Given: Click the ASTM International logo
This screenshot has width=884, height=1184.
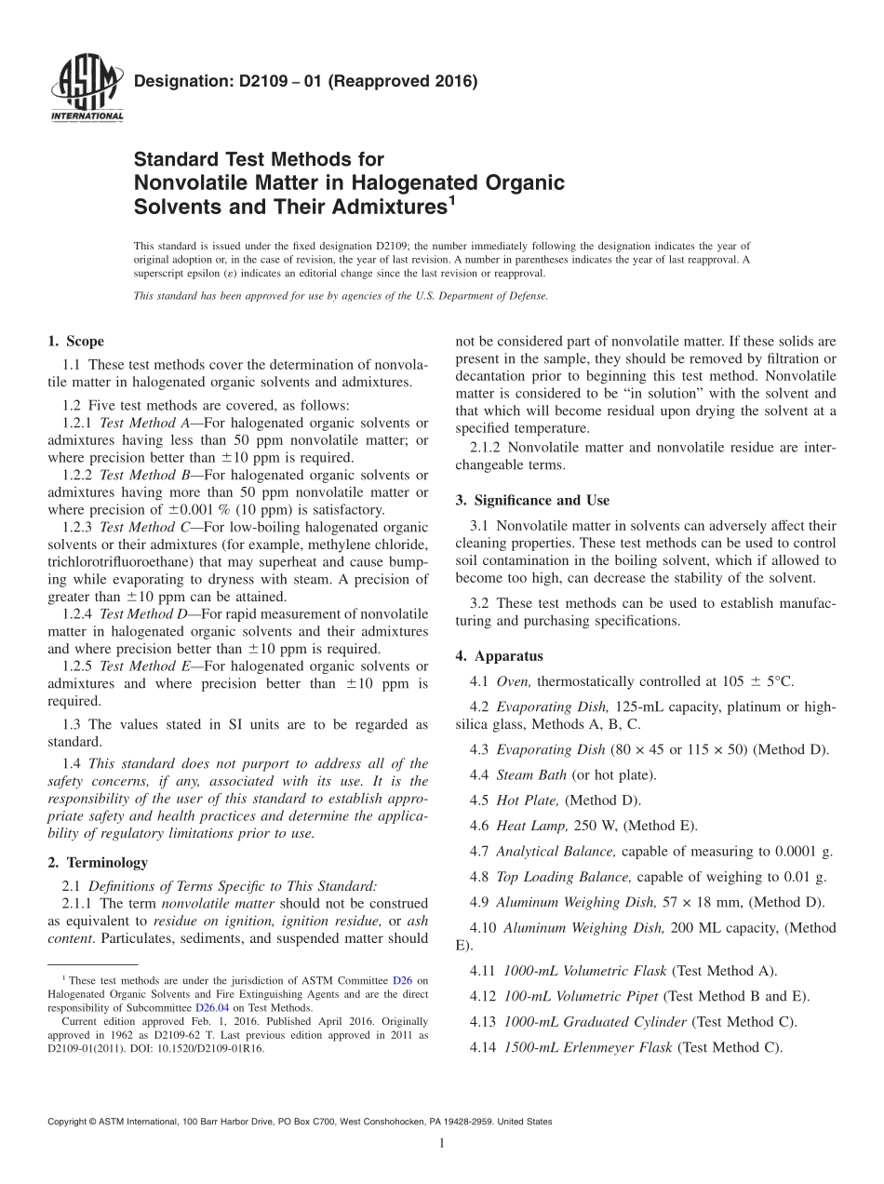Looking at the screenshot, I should [x=86, y=88].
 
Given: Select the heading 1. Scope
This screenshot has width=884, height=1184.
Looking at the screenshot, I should [x=76, y=342].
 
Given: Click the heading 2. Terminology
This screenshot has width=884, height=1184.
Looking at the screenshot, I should [x=98, y=863].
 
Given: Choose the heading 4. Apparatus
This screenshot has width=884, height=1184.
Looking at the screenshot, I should [x=500, y=655].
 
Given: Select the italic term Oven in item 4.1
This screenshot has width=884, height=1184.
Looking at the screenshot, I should [x=514, y=680].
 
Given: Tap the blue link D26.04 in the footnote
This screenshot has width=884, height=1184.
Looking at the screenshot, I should [x=209, y=1007].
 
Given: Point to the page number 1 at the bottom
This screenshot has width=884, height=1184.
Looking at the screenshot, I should [x=442, y=1144].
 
